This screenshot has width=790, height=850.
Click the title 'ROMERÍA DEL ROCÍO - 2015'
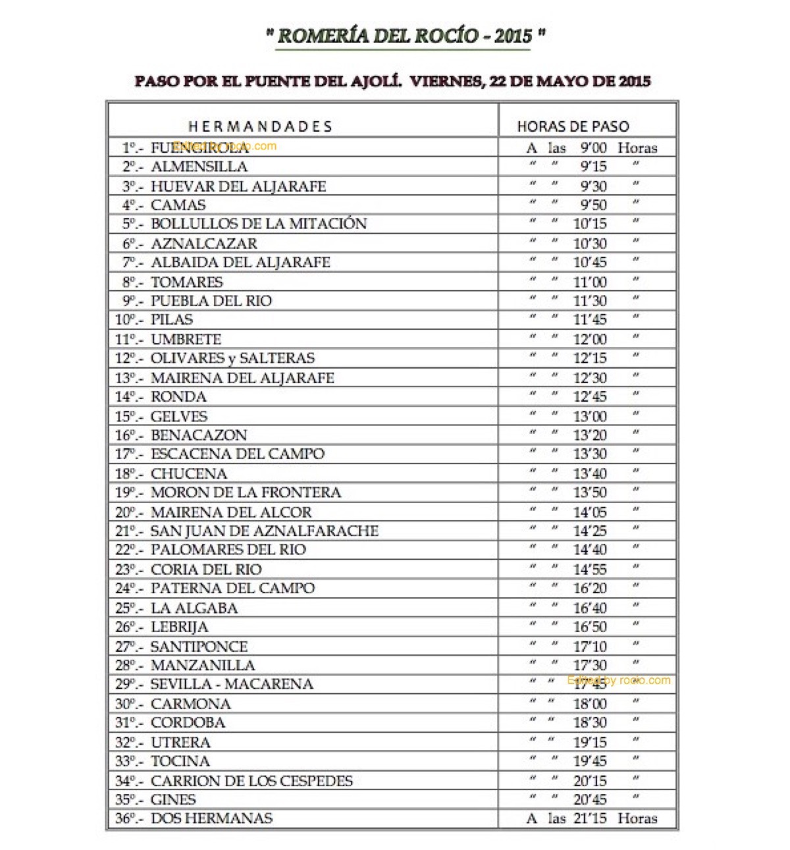(404, 36)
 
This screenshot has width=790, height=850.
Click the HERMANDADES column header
(260, 126)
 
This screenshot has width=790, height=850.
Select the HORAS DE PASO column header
(573, 126)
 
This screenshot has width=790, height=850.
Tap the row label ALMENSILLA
(199, 167)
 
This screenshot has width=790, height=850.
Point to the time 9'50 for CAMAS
(593, 205)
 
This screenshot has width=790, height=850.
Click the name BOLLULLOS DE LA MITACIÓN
(259, 224)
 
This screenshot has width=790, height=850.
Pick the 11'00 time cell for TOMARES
(590, 282)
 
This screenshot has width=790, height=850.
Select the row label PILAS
(172, 320)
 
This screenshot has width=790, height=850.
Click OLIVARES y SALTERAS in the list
(232, 358)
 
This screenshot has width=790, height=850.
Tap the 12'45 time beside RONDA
(590, 396)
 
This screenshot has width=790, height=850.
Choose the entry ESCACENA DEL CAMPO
(238, 454)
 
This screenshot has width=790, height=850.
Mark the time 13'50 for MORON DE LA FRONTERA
(590, 492)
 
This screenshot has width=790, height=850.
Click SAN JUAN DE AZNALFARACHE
(265, 531)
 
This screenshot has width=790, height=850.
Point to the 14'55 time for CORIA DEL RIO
(590, 569)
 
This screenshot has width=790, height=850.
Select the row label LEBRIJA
(179, 627)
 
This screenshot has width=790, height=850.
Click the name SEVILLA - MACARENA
(232, 684)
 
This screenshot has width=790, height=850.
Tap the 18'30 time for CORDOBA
(590, 722)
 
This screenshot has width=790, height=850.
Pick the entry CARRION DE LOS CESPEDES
(251, 781)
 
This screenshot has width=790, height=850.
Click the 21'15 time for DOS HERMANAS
(590, 818)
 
